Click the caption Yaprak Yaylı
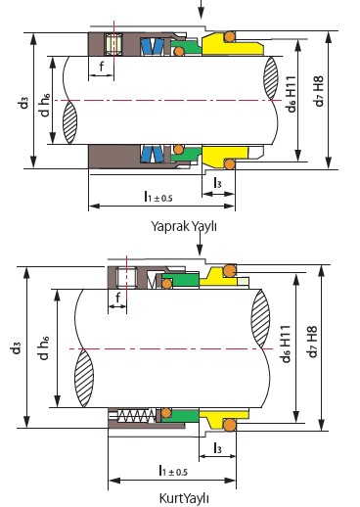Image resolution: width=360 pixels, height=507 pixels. click(x=184, y=226)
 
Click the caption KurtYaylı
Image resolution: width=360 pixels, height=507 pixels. click(x=184, y=498)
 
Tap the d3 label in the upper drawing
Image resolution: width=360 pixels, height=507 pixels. click(x=23, y=103)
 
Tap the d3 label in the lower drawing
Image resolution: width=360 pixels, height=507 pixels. click(x=16, y=347)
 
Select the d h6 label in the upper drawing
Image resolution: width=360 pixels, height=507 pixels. click(x=45, y=105)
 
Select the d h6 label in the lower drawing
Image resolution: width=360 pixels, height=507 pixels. click(x=44, y=347)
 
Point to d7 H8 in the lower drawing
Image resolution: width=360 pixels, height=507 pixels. click(x=312, y=342)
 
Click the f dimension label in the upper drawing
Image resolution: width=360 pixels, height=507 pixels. click(x=102, y=67)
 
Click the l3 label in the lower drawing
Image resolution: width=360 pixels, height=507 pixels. click(x=217, y=448)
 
